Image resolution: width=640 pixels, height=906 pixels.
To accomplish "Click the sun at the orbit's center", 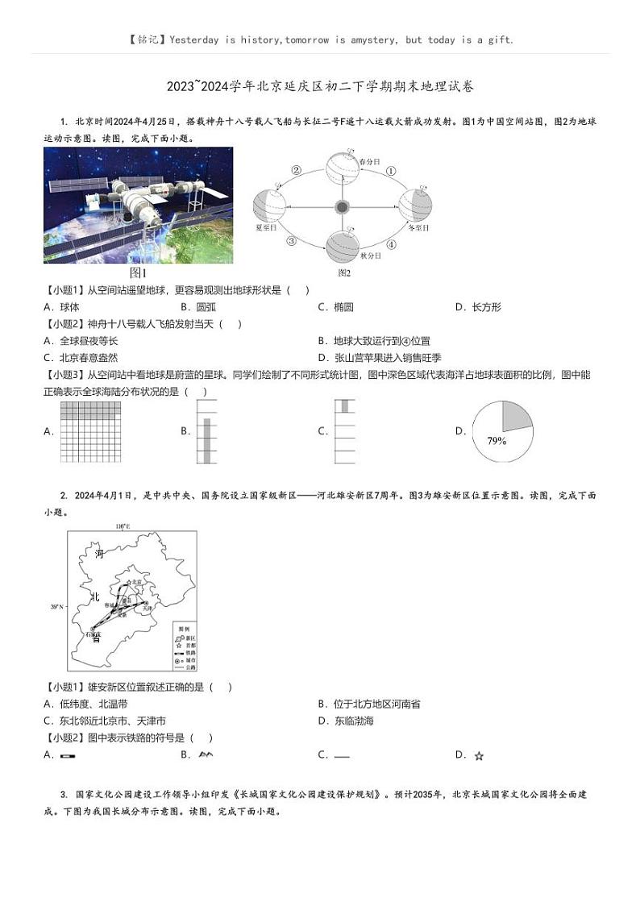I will (x=342, y=207).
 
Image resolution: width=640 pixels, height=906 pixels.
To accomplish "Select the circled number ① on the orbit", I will (x=392, y=171).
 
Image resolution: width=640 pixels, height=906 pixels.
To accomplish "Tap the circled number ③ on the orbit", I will (x=292, y=240).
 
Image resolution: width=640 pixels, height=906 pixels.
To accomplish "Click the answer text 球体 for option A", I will (x=69, y=307).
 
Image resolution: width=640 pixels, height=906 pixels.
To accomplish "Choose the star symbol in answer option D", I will (x=479, y=756).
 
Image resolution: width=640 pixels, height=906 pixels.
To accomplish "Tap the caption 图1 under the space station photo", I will (x=138, y=272).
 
